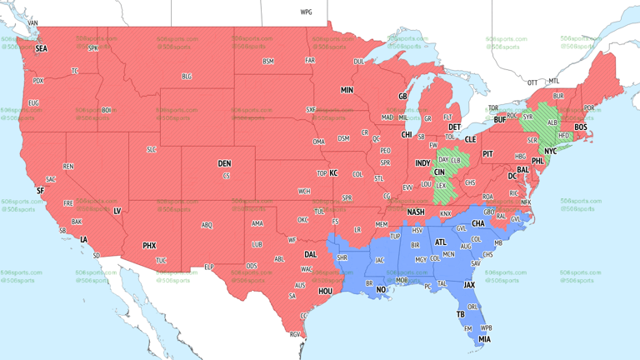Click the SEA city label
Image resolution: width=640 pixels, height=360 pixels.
41,49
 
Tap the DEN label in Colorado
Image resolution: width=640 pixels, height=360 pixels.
224,163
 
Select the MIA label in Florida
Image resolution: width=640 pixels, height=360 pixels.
484,339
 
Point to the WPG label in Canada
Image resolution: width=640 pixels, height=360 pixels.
306,12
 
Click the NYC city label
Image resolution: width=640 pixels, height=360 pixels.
550,152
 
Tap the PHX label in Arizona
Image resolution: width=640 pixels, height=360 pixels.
149,246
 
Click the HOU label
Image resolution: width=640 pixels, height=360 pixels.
326,291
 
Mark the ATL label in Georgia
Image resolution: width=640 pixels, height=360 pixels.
440,242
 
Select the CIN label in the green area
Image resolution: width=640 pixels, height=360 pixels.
439,172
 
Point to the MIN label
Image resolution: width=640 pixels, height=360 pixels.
347,90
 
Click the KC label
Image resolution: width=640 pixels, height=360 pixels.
333,173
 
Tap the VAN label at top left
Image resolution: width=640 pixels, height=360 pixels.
32,22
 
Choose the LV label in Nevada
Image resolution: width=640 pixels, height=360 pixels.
117,211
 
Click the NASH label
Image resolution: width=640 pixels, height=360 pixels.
415,212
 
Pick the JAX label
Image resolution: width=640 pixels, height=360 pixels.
469,285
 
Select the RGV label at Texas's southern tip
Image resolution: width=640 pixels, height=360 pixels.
294,335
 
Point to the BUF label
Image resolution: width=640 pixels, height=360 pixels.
499,120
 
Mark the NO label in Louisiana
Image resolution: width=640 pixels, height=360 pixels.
381,290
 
